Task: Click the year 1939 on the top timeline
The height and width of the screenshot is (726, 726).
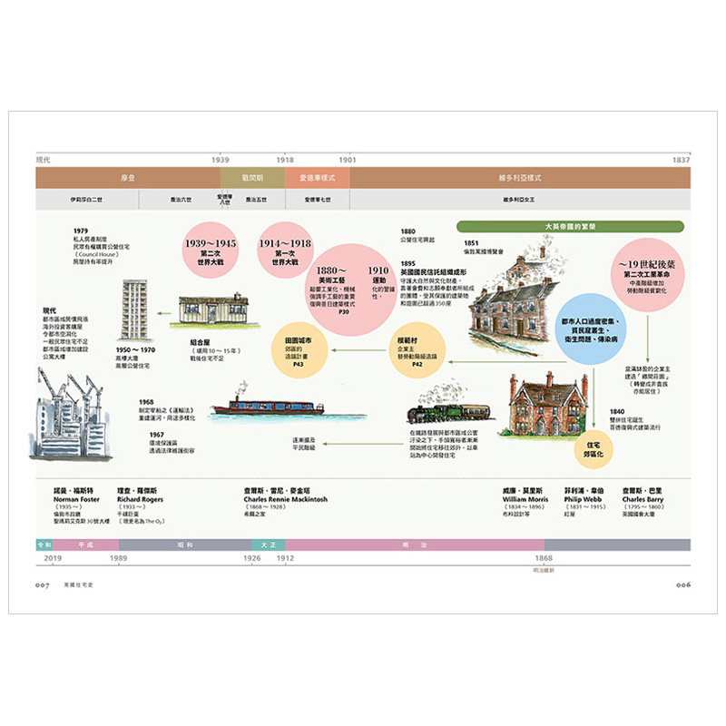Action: click(221, 160)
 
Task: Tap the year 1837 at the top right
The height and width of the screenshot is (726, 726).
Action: click(681, 160)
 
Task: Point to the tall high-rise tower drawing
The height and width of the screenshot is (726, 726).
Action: click(136, 309)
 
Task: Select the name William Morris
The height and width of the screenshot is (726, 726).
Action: click(525, 498)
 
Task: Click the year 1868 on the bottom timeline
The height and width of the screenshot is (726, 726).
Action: click(543, 559)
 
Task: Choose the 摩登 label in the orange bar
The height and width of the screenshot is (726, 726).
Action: click(128, 178)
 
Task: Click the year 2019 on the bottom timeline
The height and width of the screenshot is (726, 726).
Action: click(53, 559)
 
